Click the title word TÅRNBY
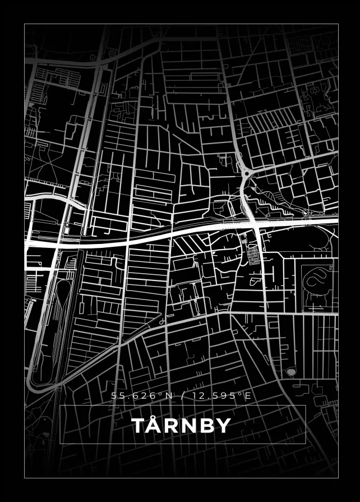coord(181,426)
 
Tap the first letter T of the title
coord(138,426)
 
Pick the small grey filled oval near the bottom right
coord(290,371)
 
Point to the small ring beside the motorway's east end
coord(305,213)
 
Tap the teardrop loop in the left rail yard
coord(63,291)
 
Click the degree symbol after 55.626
coord(161,394)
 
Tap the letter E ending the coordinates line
coord(248,396)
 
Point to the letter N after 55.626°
coord(167,396)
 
